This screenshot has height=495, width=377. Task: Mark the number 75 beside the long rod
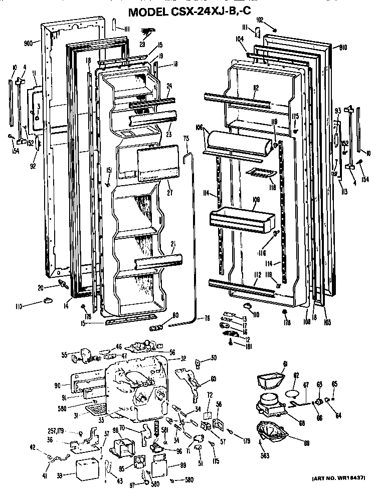(x=186, y=141)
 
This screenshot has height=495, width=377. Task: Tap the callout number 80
(x=175, y=315)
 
